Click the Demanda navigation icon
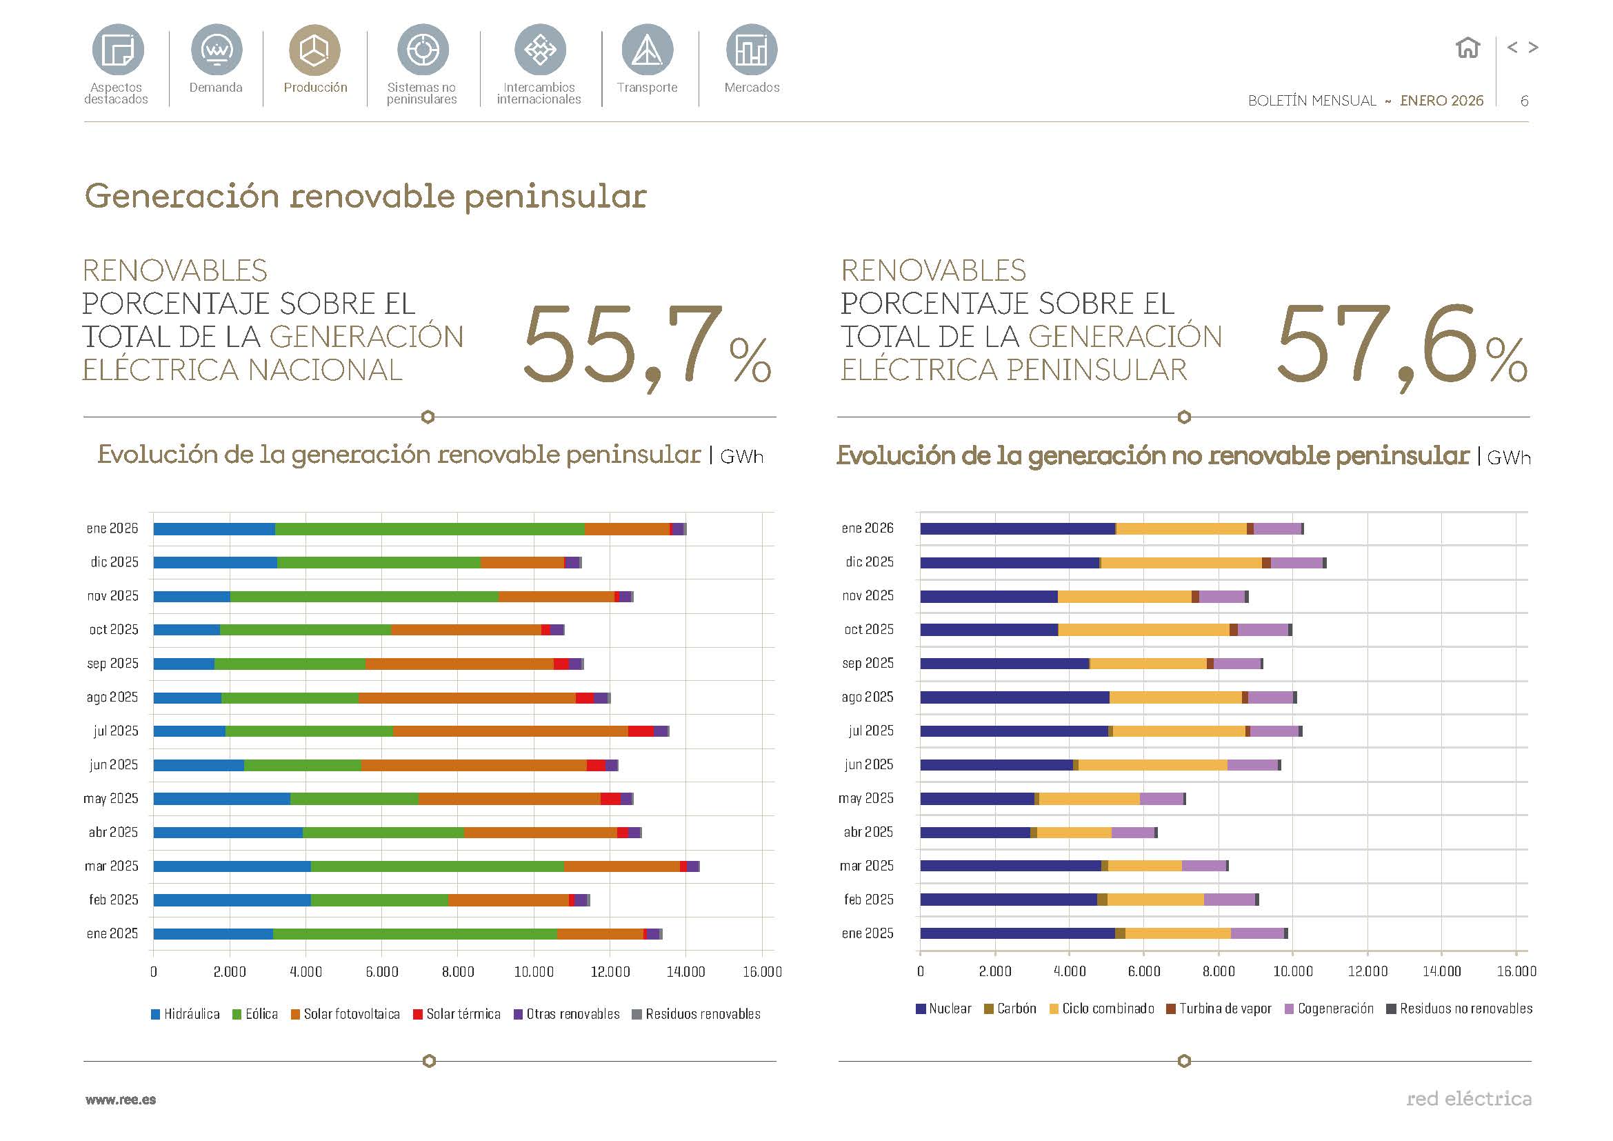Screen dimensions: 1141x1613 pyautogui.click(x=217, y=50)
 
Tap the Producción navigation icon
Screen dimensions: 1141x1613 pyautogui.click(x=314, y=50)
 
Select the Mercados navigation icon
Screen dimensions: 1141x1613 pyautogui.click(x=751, y=50)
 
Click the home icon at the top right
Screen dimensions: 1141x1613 pyautogui.click(x=1467, y=48)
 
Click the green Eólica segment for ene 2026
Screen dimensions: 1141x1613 pyautogui.click(x=428, y=529)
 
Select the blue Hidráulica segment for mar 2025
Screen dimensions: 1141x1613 pyautogui.click(x=232, y=866)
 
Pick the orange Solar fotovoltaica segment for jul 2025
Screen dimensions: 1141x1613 pyautogui.click(x=510, y=731)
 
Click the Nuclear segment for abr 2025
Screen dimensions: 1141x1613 pyautogui.click(x=974, y=833)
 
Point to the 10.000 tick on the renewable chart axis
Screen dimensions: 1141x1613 pyautogui.click(x=534, y=972)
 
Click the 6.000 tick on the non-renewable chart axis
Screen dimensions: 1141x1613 pyautogui.click(x=1143, y=971)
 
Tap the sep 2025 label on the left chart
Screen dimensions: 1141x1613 pyautogui.click(x=112, y=663)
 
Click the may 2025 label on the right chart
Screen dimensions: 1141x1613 pyautogui.click(x=865, y=798)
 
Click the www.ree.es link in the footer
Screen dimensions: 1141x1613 pyautogui.click(x=121, y=1100)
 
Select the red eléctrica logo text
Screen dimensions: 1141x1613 pyautogui.click(x=1468, y=1098)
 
